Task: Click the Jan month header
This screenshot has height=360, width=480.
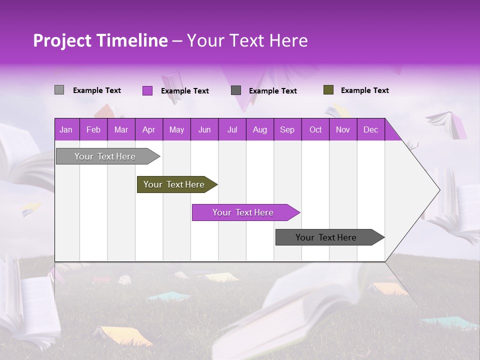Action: point(66,129)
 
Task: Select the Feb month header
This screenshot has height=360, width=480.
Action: point(93,129)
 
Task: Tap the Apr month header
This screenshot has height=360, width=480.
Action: point(149,129)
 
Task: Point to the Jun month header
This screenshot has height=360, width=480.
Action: point(204,129)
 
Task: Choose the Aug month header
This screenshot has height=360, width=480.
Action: point(260,129)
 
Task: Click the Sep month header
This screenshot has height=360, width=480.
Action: point(287,129)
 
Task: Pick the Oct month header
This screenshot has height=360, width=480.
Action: point(315,129)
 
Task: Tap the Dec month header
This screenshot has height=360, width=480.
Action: point(371,129)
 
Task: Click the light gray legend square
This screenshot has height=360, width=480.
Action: point(59,90)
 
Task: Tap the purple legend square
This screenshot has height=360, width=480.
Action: point(147,90)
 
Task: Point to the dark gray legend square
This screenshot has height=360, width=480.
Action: point(236,90)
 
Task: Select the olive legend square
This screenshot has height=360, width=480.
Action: point(328,90)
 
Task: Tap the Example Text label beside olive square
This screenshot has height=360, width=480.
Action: point(364,90)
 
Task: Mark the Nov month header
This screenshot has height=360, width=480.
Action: point(343,129)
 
